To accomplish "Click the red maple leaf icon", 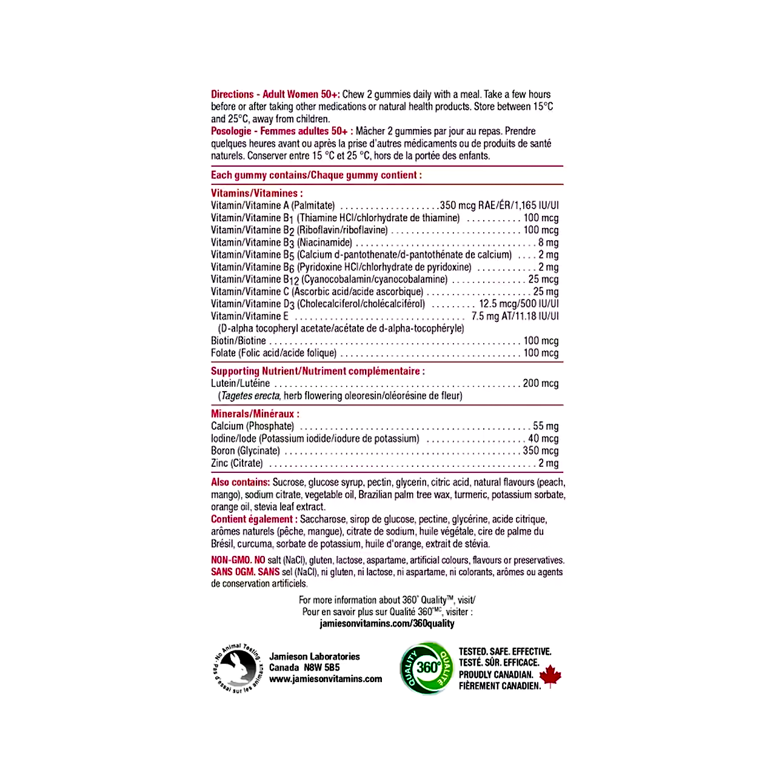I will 550,676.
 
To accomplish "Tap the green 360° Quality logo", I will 427,667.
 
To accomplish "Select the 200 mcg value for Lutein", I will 540,383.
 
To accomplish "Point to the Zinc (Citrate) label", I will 237,463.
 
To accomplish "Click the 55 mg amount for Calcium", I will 546,426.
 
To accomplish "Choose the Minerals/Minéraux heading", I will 255,414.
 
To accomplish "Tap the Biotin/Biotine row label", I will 238,341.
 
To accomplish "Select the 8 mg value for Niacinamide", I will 548,242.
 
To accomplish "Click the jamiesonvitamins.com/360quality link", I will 387,624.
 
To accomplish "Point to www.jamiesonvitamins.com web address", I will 326,679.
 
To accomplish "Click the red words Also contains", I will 240,483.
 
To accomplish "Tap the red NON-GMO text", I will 230,560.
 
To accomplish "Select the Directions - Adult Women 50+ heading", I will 275,95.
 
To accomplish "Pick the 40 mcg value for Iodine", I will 543,438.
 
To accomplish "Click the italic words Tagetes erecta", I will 250,396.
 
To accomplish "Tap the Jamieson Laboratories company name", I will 314,657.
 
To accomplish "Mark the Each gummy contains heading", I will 316,175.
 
